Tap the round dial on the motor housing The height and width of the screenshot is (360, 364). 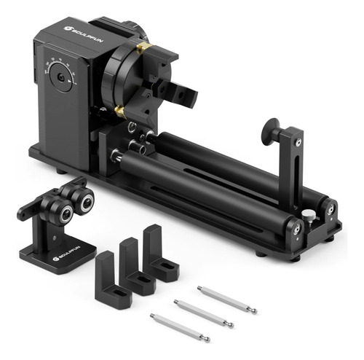(60, 74)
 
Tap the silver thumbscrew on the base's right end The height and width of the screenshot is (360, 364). (309, 215)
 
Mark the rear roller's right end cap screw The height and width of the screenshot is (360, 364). (330, 210)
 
